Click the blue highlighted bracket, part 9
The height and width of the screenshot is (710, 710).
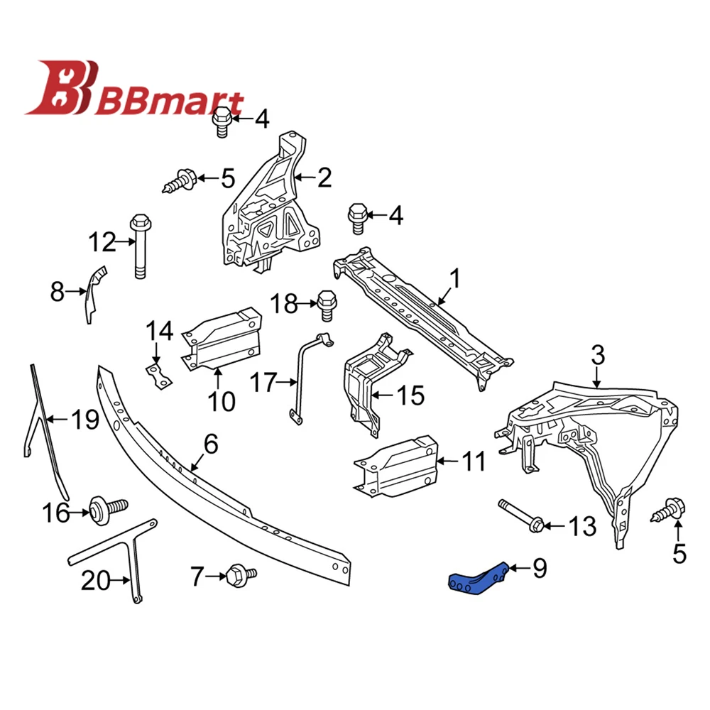click(476, 577)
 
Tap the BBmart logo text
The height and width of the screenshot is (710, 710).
click(174, 104)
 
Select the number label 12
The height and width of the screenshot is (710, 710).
click(102, 242)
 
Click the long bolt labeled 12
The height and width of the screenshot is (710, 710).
click(140, 248)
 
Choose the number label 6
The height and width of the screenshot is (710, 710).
click(211, 444)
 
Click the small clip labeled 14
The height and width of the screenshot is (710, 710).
click(160, 375)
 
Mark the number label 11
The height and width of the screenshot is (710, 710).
click(471, 461)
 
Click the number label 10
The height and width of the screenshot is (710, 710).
click(221, 401)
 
